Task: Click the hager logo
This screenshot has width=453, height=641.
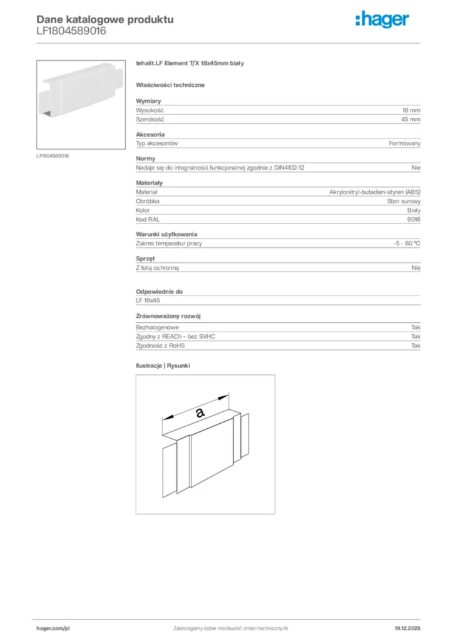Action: (x=383, y=21)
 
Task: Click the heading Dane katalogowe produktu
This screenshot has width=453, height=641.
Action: (x=105, y=19)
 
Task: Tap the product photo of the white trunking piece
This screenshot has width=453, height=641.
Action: (x=81, y=105)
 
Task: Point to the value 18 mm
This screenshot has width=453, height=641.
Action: (x=411, y=110)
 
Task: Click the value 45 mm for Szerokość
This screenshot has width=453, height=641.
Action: (x=411, y=119)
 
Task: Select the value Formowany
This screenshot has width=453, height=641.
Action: (x=404, y=143)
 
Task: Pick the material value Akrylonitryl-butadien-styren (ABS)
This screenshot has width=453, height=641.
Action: (x=375, y=192)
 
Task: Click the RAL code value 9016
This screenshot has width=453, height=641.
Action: (x=414, y=220)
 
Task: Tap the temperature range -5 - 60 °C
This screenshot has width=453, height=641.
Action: (x=407, y=244)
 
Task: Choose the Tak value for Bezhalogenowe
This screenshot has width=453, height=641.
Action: (x=415, y=327)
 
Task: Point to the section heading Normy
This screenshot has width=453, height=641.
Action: (x=145, y=159)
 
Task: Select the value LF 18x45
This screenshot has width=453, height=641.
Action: (x=148, y=300)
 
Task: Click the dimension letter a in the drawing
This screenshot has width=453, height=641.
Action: (x=200, y=412)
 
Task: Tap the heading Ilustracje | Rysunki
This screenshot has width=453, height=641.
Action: (x=163, y=366)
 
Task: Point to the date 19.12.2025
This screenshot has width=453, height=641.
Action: (x=407, y=628)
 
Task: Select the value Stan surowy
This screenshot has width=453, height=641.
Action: (x=404, y=201)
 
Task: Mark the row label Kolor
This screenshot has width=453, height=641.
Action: (x=143, y=210)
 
